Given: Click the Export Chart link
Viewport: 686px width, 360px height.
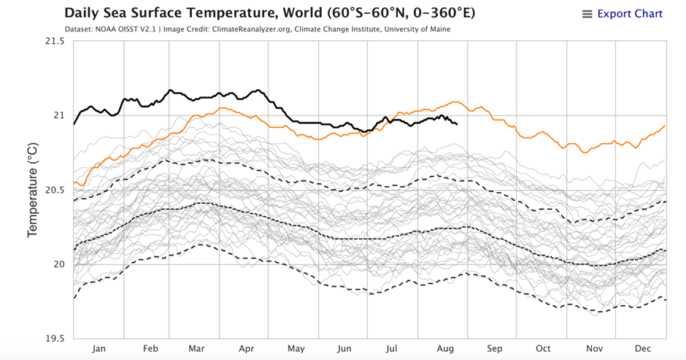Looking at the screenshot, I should click(630, 14).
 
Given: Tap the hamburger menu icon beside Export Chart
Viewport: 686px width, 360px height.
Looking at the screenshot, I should click(587, 15).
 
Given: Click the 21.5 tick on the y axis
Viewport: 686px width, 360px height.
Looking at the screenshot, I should click(54, 42).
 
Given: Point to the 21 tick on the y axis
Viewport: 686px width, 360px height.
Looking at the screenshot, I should click(60, 115).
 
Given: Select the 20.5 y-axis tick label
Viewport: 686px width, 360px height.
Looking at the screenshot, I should click(54, 190).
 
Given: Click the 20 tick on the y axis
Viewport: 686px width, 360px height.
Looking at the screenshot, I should click(60, 264).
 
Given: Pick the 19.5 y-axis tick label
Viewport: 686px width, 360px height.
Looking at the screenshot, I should click(54, 339).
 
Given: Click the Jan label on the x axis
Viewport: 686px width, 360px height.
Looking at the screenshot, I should click(99, 349).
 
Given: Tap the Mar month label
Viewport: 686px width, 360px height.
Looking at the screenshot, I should click(196, 349).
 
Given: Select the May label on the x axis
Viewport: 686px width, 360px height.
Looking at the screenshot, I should click(296, 349).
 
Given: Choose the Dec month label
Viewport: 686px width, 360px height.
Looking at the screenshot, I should click(641, 349).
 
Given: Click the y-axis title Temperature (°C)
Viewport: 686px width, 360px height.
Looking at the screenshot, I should click(33, 190).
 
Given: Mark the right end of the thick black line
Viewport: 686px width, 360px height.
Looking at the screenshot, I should click(457, 124).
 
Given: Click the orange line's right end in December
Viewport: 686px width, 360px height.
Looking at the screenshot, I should click(665, 126).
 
